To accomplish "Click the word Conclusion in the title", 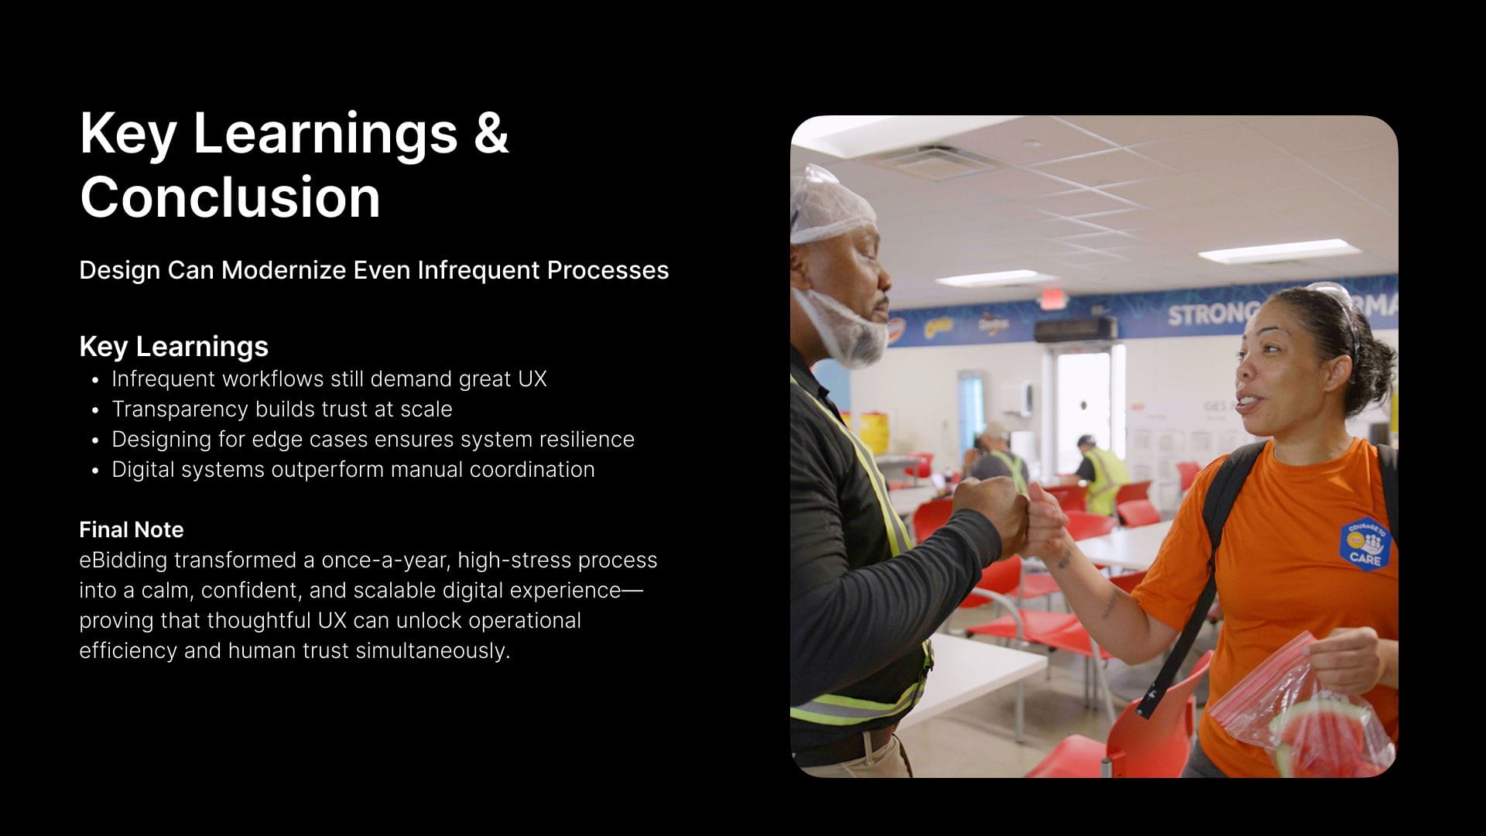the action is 230,197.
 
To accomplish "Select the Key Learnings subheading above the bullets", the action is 173,346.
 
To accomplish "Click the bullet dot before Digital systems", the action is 95,471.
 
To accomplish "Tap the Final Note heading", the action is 132,529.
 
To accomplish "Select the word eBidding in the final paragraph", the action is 123,560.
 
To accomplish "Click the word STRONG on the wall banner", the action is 1212,314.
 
